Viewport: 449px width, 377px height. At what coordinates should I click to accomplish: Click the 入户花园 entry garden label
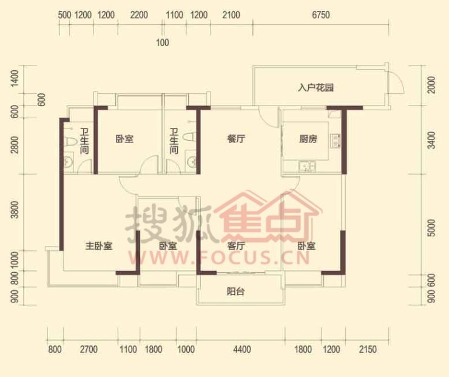point(316,87)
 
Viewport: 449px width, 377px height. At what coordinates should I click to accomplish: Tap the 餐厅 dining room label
point(236,139)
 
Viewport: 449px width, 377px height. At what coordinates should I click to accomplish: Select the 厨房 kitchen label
point(308,139)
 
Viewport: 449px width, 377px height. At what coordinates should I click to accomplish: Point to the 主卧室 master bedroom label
point(99,245)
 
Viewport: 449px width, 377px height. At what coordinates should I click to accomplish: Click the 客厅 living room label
point(236,245)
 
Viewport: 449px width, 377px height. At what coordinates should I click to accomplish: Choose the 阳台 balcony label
point(235,292)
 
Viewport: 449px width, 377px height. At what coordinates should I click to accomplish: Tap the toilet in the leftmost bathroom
point(70,142)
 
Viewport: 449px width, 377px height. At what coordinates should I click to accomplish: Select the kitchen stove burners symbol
point(336,141)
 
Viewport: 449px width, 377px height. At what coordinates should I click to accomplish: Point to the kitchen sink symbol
point(306,167)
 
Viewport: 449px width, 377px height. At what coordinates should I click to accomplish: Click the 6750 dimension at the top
point(321,15)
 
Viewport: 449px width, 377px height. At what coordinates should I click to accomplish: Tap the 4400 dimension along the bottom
point(242,349)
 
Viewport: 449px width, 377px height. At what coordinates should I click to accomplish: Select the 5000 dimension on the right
point(431,228)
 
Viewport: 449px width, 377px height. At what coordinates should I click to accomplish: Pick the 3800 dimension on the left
point(15,210)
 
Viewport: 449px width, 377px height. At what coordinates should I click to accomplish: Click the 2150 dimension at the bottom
point(368,349)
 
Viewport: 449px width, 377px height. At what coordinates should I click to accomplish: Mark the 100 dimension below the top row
point(163,42)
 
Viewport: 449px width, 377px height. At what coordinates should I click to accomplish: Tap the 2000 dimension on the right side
point(431,85)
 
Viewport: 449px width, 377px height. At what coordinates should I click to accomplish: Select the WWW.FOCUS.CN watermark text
point(219,257)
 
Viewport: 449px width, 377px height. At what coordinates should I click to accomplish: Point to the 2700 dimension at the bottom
point(89,349)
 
